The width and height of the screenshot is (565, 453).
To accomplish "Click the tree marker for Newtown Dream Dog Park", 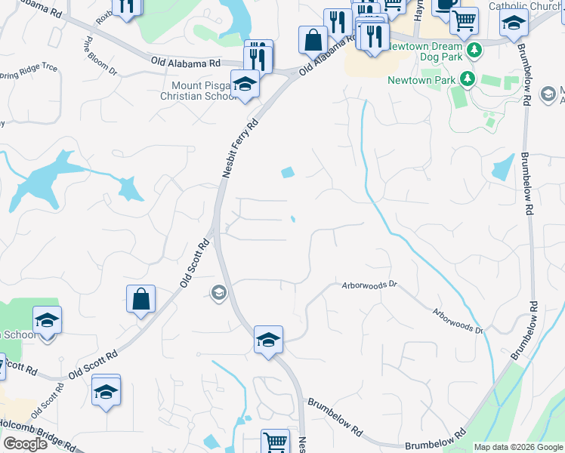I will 474,51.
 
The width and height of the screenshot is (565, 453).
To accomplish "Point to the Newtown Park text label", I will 421,80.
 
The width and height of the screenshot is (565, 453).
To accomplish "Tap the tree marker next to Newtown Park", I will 468,79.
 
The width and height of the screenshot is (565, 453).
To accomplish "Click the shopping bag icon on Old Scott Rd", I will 141,299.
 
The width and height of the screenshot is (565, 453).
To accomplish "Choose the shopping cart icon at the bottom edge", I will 275,442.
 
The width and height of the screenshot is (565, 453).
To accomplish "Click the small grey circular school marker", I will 219,293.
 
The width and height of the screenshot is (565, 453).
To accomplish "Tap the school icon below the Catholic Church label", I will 513,23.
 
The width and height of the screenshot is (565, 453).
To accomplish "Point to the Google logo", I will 25,444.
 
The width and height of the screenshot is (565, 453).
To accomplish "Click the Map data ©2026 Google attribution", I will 518,447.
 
